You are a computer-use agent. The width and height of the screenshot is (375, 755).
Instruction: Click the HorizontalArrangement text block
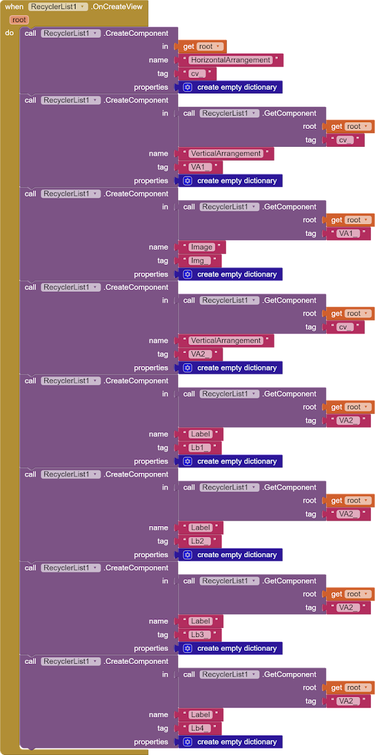(x=230, y=60)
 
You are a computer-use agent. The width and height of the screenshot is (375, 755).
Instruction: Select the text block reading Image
(x=202, y=247)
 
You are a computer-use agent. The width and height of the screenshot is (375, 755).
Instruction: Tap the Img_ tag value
(x=200, y=261)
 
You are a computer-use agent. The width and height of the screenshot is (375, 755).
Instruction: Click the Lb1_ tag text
(x=200, y=448)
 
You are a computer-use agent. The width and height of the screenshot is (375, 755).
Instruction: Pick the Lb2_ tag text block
(x=200, y=541)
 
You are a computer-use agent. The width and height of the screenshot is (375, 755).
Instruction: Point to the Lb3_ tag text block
(x=200, y=635)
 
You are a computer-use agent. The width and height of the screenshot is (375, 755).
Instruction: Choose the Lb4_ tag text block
(x=200, y=728)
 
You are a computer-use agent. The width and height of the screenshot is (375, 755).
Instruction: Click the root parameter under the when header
(x=19, y=20)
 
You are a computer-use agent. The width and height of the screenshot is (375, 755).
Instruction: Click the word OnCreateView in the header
(x=117, y=7)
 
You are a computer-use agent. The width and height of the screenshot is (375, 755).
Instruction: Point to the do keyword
(x=10, y=33)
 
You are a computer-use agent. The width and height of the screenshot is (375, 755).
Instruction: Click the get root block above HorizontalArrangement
(x=203, y=46)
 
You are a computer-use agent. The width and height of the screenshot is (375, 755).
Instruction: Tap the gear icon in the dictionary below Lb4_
(x=187, y=742)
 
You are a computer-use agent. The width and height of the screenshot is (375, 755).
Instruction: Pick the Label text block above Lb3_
(x=200, y=621)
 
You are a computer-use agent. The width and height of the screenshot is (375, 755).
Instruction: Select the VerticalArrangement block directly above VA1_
(x=226, y=153)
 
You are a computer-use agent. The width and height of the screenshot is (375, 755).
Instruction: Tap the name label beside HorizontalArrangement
(x=158, y=60)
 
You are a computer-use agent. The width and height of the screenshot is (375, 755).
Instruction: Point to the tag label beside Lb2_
(x=163, y=541)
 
